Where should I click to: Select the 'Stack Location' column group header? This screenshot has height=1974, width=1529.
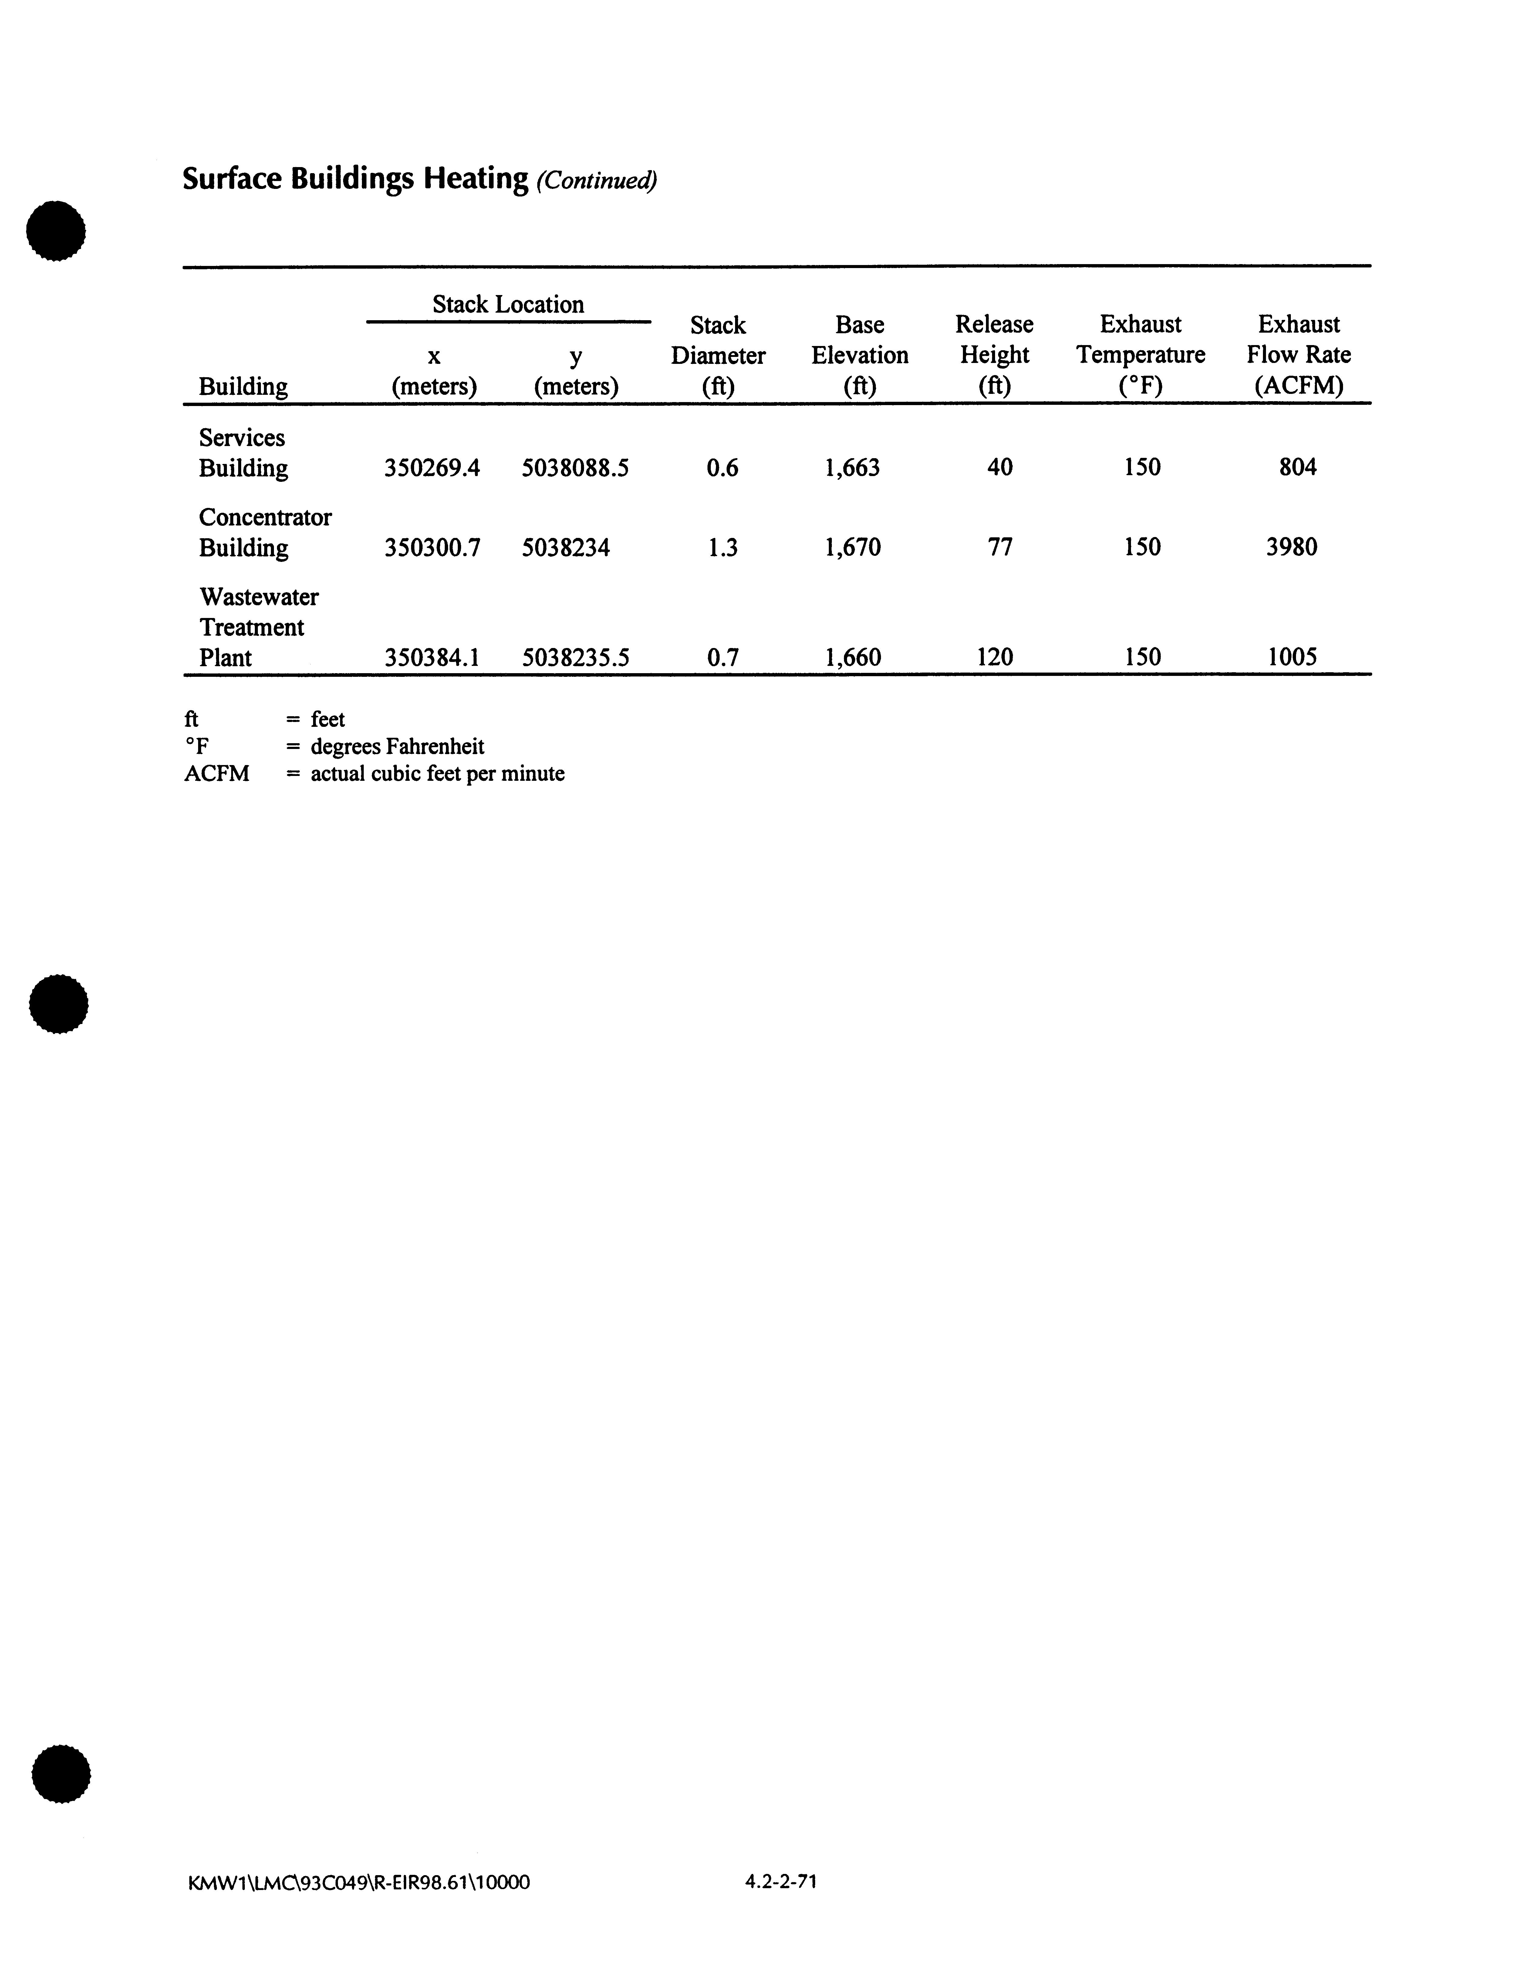[x=508, y=305]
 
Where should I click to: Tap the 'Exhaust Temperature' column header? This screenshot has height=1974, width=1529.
[x=1140, y=354]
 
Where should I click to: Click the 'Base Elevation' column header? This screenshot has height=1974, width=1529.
[x=859, y=354]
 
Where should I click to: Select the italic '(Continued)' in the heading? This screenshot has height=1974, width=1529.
[x=596, y=181]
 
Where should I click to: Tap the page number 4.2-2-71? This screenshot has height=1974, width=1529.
[x=781, y=1882]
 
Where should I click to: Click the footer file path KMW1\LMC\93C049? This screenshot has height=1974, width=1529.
[x=358, y=1883]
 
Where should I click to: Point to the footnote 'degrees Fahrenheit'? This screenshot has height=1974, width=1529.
[x=397, y=747]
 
